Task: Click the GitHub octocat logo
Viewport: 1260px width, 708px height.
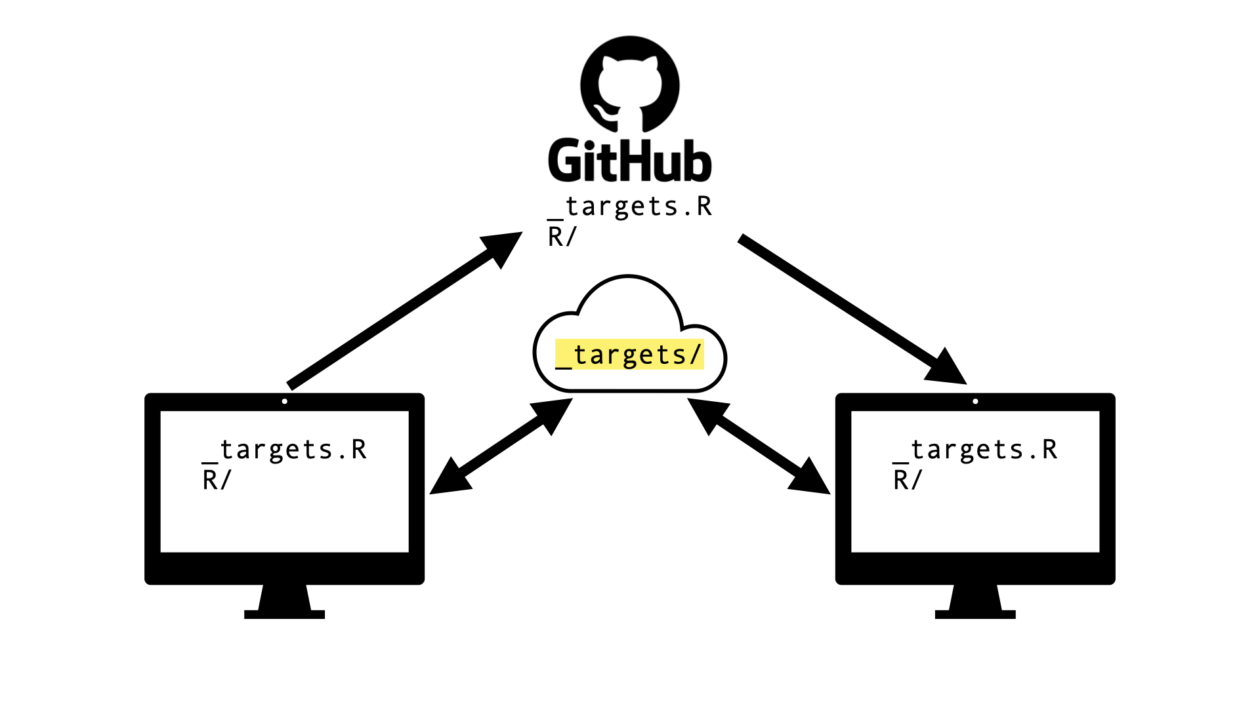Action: click(630, 84)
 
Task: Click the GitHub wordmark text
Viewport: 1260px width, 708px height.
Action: click(630, 161)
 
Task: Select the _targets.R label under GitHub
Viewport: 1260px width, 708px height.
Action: click(630, 207)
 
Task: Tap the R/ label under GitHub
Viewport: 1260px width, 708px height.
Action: click(562, 237)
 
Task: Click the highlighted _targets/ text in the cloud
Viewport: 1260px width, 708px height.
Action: click(630, 355)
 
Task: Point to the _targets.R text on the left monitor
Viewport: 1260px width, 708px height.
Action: click(285, 450)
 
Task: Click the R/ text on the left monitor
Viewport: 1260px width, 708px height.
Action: click(217, 480)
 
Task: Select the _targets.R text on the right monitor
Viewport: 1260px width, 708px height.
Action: click(976, 450)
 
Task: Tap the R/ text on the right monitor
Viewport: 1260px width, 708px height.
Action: click(908, 480)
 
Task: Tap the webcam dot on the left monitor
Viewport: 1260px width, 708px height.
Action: click(285, 401)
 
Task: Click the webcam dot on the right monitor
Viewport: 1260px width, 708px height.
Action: click(976, 401)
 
